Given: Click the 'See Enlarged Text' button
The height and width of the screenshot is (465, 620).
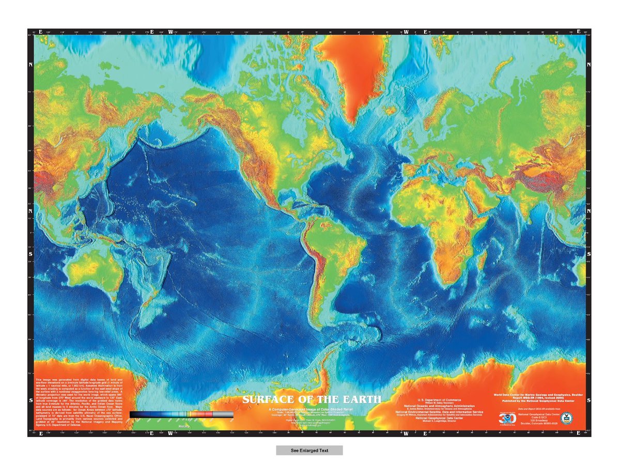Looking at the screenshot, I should [x=309, y=450].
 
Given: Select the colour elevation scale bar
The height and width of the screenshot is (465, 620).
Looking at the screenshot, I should [x=181, y=414].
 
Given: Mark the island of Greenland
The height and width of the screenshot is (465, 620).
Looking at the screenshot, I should [x=362, y=72].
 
